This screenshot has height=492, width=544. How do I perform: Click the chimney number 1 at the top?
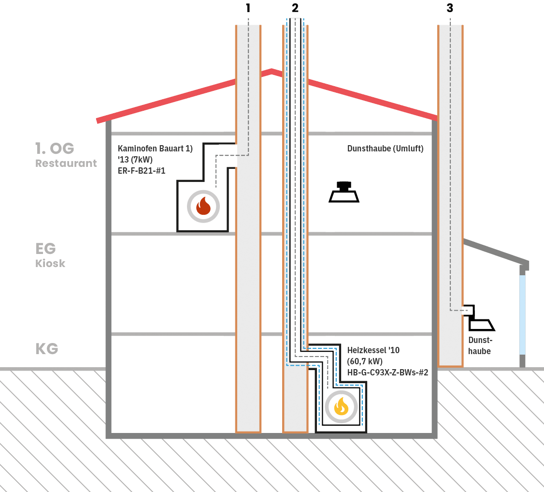tap(248, 8)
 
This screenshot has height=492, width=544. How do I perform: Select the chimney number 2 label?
tap(295, 8)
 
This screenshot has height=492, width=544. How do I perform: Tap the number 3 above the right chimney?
tap(450, 8)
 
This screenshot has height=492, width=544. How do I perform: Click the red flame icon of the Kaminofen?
tap(203, 206)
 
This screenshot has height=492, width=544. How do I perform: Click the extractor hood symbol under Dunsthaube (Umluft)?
tap(344, 193)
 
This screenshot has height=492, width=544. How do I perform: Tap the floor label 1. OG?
tap(55, 148)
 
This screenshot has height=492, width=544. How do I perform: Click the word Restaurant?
tap(66, 164)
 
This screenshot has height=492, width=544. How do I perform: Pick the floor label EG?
tap(45, 249)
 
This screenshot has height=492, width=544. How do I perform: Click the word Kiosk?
tap(50, 264)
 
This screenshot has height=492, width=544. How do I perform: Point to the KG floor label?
tap(47, 349)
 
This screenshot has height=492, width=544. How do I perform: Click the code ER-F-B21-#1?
tap(142, 170)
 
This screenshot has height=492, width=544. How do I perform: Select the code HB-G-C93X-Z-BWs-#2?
tap(387, 373)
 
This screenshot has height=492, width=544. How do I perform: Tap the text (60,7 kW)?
tap(365, 361)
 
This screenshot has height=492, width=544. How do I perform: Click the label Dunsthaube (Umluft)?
tap(385, 149)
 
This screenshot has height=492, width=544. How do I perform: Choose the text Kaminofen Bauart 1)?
tap(155, 149)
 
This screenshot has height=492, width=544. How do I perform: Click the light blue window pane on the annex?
tap(522, 314)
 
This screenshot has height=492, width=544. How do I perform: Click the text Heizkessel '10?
tap(373, 350)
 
